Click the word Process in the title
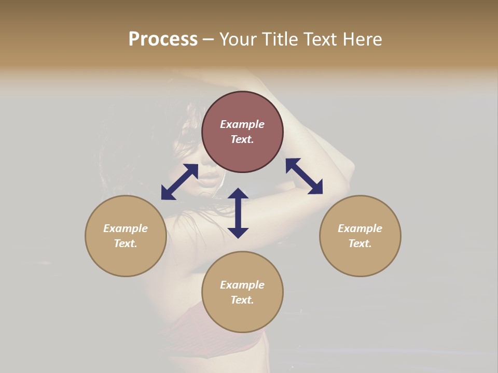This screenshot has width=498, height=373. [x=163, y=39]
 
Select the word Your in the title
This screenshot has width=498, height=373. [x=238, y=39]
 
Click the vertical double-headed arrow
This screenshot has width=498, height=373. [x=238, y=213]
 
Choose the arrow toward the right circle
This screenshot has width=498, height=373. [x=304, y=176]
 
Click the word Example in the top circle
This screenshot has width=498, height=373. [x=242, y=124]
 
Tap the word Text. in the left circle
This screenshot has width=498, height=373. [x=126, y=243]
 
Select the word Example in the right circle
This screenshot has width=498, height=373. [x=360, y=228]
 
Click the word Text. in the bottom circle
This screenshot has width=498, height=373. [x=242, y=300]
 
